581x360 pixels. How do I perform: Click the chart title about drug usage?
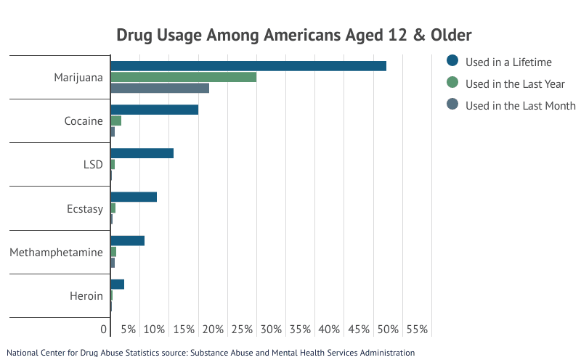[x=294, y=35]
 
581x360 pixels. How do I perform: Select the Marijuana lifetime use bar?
[x=248, y=66]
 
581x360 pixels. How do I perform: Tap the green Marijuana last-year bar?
[x=184, y=77]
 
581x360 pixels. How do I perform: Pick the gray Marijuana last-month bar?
[x=160, y=88]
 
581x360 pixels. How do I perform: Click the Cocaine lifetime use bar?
[x=155, y=110]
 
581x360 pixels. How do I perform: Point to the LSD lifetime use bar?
[x=142, y=153]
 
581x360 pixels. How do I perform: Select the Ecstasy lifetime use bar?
[x=134, y=197]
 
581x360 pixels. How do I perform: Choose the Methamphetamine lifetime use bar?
[x=128, y=240]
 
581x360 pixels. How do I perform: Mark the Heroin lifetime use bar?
[x=118, y=284]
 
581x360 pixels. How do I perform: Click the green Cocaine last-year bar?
[x=116, y=120]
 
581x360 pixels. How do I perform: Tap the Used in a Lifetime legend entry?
[x=508, y=62]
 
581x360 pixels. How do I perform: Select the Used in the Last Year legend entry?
[x=513, y=83]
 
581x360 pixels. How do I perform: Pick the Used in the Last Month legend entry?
[x=520, y=105]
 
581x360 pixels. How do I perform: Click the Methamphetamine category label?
[x=56, y=253]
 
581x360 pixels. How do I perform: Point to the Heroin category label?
[x=86, y=296]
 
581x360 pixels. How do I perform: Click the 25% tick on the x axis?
[x=242, y=330]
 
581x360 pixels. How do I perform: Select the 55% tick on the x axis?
[x=418, y=330]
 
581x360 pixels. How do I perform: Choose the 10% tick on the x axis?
[x=154, y=330]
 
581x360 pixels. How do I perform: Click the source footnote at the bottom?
[x=211, y=353]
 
